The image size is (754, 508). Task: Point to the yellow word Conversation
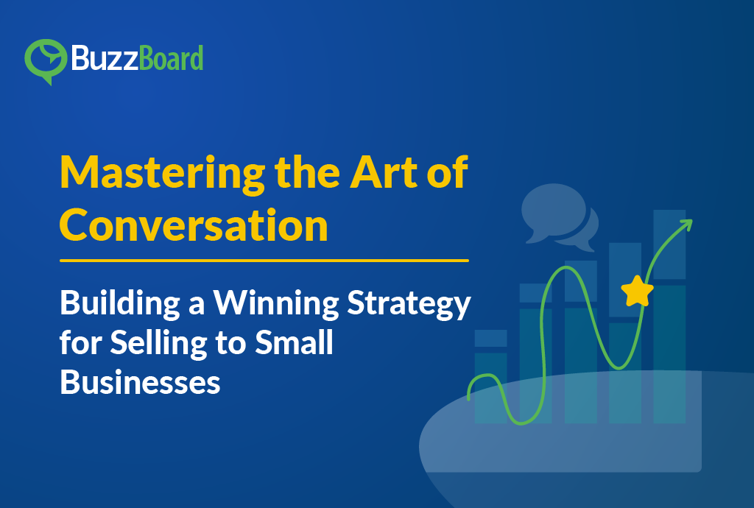click(194, 225)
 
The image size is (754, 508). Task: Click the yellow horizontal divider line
click(264, 260)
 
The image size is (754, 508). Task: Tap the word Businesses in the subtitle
click(140, 382)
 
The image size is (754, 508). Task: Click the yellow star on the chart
click(637, 291)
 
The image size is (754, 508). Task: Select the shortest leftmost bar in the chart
click(490, 375)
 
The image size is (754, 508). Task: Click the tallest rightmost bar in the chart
click(669, 317)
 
